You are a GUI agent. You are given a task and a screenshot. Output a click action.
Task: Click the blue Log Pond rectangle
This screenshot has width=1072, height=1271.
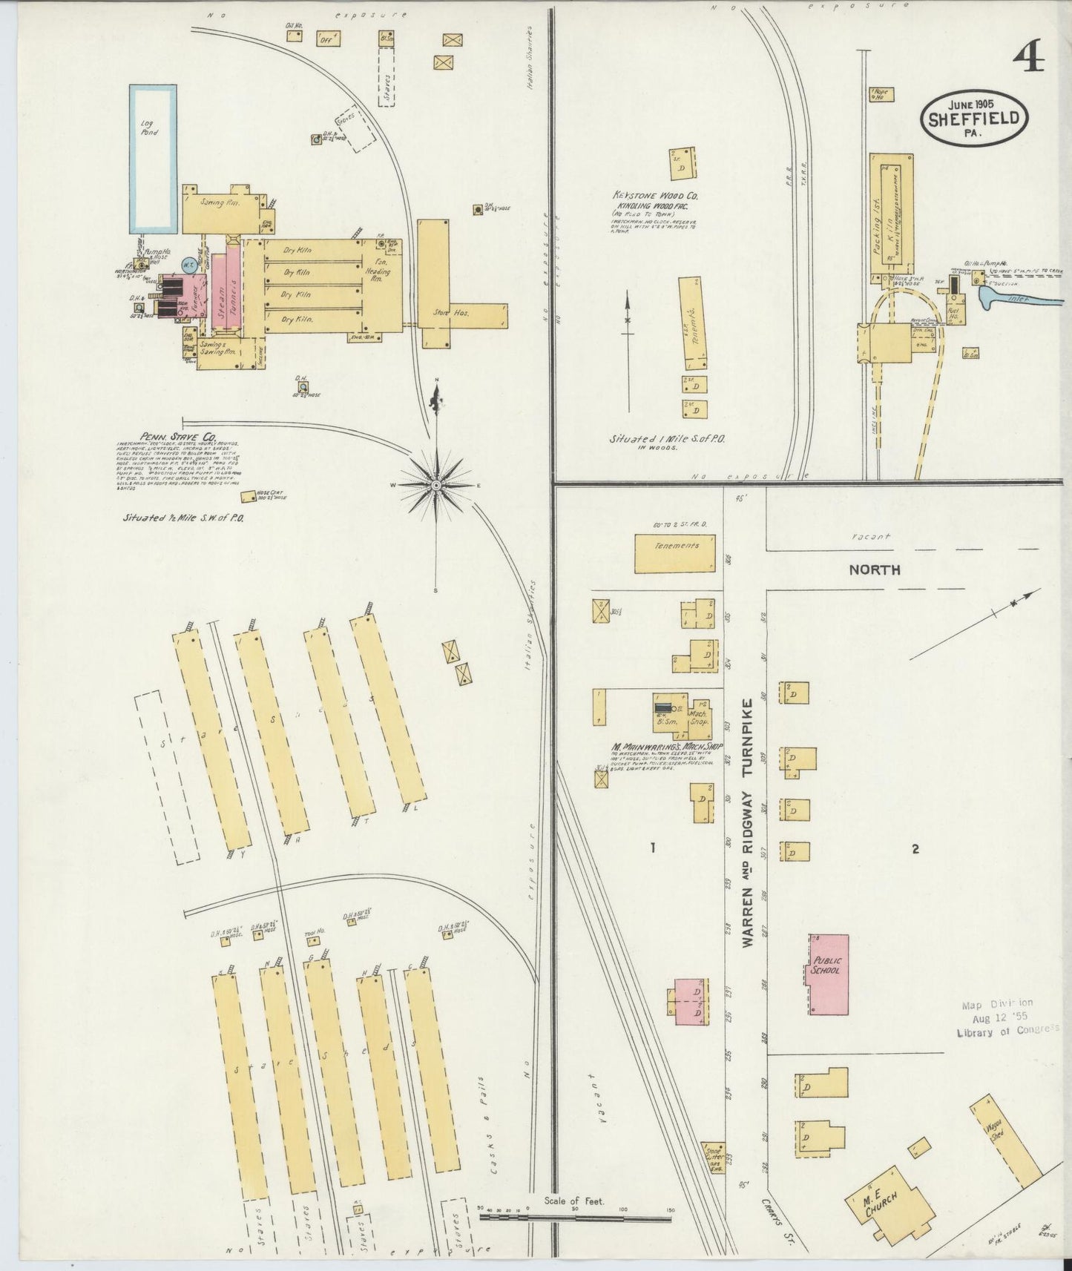tap(154, 158)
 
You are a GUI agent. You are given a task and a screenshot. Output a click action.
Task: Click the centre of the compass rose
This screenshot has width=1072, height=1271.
tap(437, 485)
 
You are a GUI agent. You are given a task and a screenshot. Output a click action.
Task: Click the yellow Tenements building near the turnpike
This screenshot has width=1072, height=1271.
tap(675, 553)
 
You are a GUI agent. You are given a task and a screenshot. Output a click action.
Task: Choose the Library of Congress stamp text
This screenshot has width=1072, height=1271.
tap(1007, 1031)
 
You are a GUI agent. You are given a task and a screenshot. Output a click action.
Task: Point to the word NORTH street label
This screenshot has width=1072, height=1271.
tap(875, 570)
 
